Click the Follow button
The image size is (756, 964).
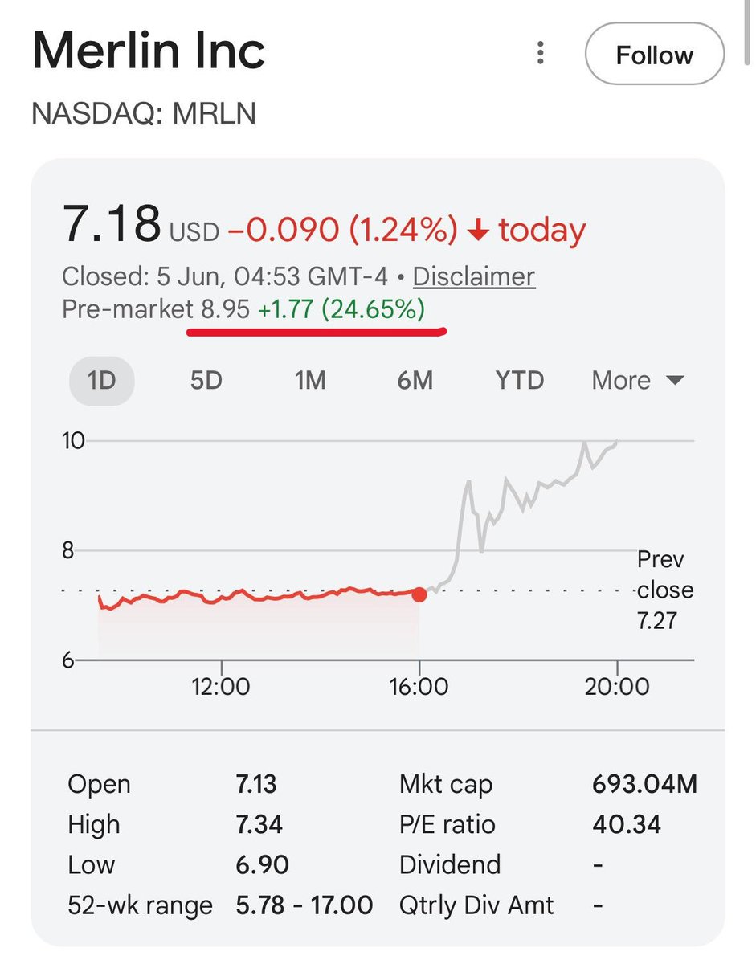point(655,54)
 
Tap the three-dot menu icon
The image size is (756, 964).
point(540,53)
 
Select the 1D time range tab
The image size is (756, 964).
point(101,381)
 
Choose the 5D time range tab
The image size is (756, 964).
point(206,381)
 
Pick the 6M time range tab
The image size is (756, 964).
point(415,381)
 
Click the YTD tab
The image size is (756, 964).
point(520,381)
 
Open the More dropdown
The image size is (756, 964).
point(638,381)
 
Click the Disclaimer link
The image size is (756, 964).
point(474,277)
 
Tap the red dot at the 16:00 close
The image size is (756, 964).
point(419,594)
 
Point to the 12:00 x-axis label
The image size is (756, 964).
point(220,687)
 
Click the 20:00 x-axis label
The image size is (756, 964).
point(617,687)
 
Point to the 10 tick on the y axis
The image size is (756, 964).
point(73,441)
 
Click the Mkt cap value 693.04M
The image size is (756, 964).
point(644,784)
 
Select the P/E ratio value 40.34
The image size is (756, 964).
point(627,825)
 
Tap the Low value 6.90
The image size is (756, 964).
point(262,865)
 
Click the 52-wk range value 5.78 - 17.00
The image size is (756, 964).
point(304,905)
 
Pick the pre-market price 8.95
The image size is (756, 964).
point(226,309)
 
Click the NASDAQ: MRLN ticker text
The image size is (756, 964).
point(144,113)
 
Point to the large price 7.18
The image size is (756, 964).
point(112,223)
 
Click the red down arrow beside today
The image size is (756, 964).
point(478,230)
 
